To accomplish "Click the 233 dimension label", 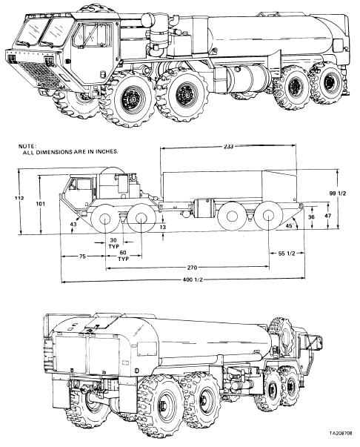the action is (228, 146).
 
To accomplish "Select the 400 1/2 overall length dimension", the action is (193, 279).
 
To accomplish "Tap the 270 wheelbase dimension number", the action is (192, 268).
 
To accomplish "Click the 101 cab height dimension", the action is (41, 204).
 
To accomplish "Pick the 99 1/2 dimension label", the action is (338, 193).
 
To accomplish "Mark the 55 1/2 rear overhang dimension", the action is (287, 254).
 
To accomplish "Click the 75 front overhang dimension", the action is (82, 256).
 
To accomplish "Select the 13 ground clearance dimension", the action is (163, 227).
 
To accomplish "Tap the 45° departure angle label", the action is (290, 225).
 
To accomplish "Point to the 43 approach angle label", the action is (73, 225).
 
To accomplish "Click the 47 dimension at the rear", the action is (328, 216).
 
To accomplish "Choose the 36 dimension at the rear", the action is (312, 217).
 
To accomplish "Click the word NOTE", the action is (27, 146).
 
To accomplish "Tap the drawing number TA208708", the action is (341, 441).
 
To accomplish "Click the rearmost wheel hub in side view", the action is (268, 215).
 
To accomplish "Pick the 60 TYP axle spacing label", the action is (123, 256).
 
